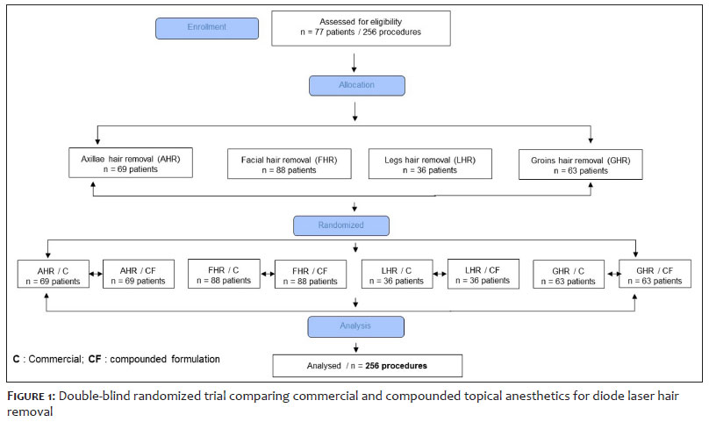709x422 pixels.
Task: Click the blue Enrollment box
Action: click(x=207, y=28)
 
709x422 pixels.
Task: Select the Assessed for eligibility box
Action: click(x=361, y=28)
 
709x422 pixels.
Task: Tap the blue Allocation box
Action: click(x=357, y=85)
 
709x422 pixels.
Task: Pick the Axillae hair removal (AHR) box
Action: click(x=131, y=163)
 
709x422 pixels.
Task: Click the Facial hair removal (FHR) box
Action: click(x=290, y=164)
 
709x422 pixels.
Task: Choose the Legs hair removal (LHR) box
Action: click(x=430, y=164)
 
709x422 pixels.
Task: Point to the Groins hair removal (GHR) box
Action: click(x=581, y=165)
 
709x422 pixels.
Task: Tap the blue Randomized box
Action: click(x=341, y=225)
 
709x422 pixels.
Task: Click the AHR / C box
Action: click(x=53, y=274)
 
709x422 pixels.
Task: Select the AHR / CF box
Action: click(x=139, y=274)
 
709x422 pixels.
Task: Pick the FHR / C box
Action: click(x=224, y=274)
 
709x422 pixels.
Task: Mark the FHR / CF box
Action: click(x=311, y=274)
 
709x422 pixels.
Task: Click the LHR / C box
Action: click(x=397, y=274)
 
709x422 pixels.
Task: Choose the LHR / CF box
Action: click(x=483, y=274)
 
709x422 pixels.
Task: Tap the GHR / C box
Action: click(x=569, y=274)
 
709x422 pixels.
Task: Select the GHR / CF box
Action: click(x=655, y=274)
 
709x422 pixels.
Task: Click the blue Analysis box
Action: click(x=356, y=326)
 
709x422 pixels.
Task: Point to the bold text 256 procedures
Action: click(x=396, y=366)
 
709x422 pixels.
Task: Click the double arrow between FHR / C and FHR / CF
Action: click(x=268, y=274)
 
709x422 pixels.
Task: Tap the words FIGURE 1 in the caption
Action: click(x=31, y=397)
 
